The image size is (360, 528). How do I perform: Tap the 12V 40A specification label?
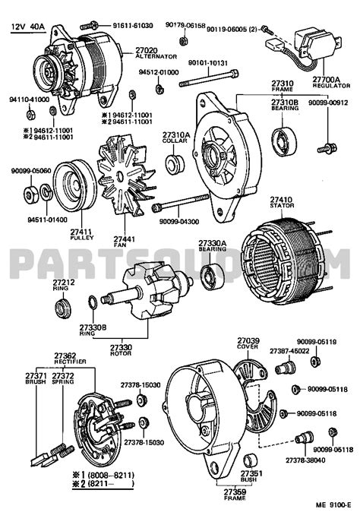pyautogui.click(x=27, y=27)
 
